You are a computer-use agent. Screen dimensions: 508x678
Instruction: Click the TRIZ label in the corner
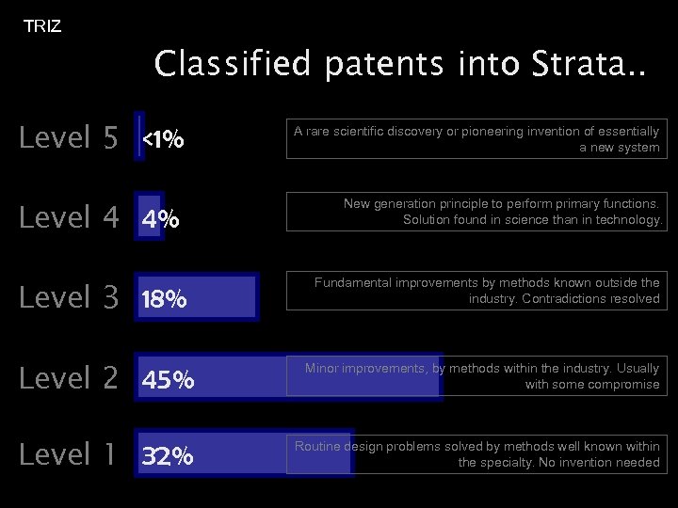(x=42, y=26)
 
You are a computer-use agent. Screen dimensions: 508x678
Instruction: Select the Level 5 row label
(x=69, y=138)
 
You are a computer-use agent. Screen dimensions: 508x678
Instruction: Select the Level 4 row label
(x=69, y=218)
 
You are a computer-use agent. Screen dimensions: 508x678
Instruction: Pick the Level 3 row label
(x=69, y=298)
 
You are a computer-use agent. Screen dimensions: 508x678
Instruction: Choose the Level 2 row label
(x=69, y=378)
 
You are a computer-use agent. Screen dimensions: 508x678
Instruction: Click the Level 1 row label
(x=69, y=455)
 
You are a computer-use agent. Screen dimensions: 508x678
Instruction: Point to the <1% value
(x=163, y=141)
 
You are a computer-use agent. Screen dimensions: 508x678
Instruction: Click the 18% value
(x=164, y=301)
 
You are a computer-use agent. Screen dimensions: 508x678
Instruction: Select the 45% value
(x=168, y=381)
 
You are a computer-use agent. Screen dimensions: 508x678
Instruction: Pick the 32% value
(x=168, y=458)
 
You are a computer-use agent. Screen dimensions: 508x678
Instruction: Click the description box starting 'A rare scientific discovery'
(x=476, y=139)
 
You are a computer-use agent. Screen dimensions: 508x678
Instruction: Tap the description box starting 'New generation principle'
(x=476, y=212)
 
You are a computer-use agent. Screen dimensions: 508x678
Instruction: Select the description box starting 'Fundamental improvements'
(x=476, y=291)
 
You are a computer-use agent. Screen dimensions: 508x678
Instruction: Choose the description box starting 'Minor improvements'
(x=476, y=376)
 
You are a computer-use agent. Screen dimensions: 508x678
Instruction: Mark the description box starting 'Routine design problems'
(x=476, y=454)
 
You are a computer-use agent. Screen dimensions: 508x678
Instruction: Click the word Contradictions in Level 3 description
(x=561, y=299)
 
